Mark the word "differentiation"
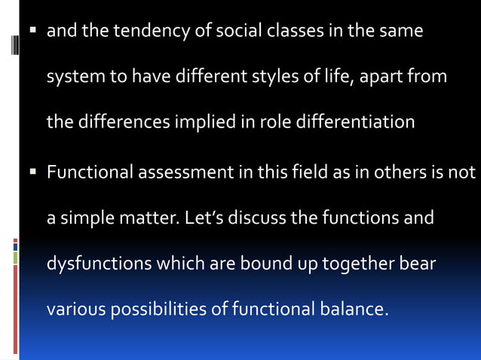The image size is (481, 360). click(x=353, y=121)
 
